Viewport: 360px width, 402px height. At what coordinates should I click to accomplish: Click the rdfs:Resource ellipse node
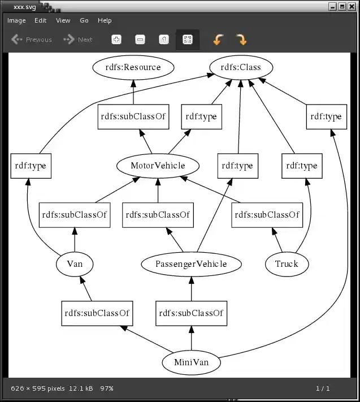(133, 67)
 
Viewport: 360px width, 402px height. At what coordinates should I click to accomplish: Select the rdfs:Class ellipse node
(241, 67)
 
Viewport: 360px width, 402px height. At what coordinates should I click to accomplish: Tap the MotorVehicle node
(158, 166)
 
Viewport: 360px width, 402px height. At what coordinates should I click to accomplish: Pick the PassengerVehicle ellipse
(191, 263)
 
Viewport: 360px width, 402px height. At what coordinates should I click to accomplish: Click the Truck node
(287, 263)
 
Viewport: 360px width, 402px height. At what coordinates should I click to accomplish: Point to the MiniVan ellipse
(191, 362)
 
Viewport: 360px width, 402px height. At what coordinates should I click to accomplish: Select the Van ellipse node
(75, 263)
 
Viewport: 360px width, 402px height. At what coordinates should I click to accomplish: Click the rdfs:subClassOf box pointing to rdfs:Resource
(133, 116)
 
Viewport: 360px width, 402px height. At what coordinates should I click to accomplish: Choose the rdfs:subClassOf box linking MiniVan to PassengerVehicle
(191, 313)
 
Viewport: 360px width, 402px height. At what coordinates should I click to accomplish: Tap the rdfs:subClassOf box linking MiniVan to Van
(97, 313)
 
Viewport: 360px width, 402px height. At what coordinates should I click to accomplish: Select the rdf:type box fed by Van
(31, 166)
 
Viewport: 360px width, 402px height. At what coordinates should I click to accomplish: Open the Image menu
(16, 20)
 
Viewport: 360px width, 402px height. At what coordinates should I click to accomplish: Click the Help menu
(105, 20)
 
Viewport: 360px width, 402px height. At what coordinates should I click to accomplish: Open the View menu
(63, 20)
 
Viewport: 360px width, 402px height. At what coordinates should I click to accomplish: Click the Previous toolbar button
(32, 40)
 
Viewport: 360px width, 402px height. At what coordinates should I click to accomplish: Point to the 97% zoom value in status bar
(107, 388)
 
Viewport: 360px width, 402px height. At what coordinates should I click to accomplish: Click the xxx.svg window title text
(25, 7)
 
